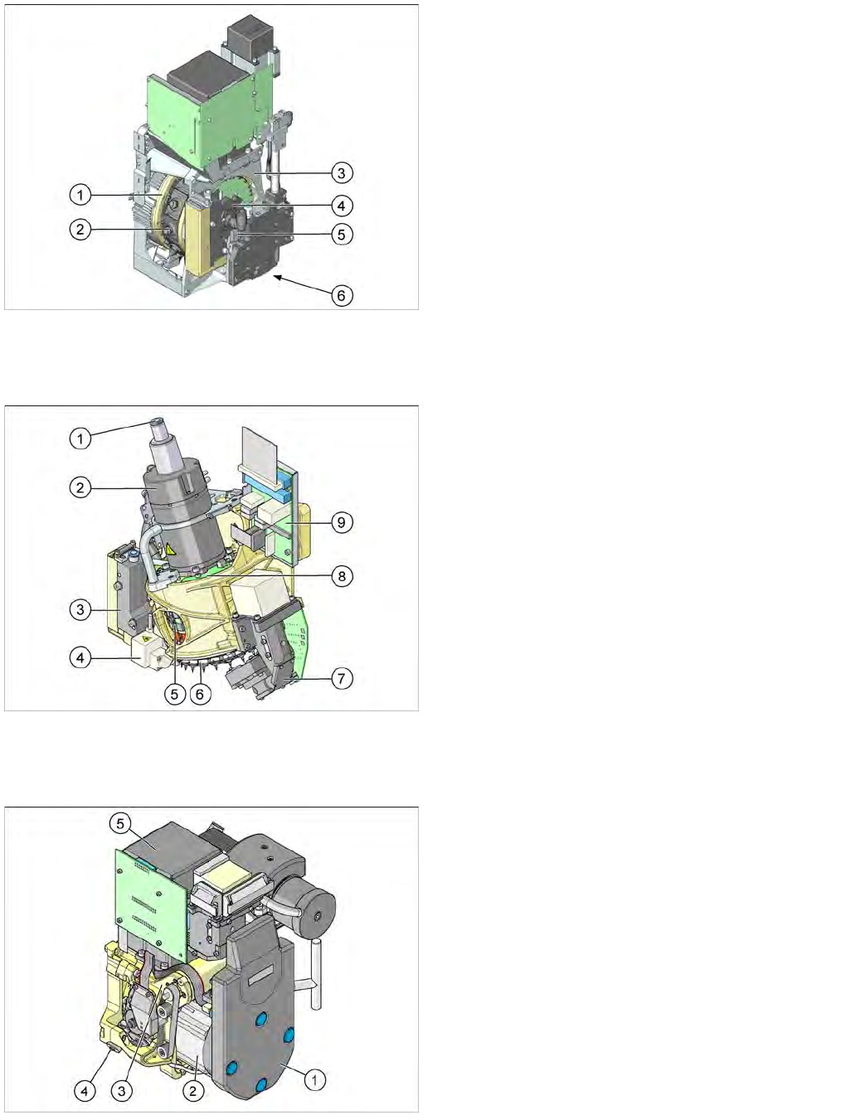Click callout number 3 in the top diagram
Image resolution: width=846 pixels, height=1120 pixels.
(342, 173)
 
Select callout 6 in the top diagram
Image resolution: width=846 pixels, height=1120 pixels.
(342, 295)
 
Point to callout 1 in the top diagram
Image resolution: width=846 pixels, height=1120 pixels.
(80, 195)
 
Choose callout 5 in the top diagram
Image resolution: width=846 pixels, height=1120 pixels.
(342, 235)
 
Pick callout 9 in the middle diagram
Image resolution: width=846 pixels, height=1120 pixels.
(342, 522)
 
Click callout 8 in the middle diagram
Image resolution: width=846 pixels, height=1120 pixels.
(342, 577)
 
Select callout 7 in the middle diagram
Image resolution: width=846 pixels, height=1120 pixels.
(342, 679)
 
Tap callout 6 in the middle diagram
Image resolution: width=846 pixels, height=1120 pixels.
(200, 694)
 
